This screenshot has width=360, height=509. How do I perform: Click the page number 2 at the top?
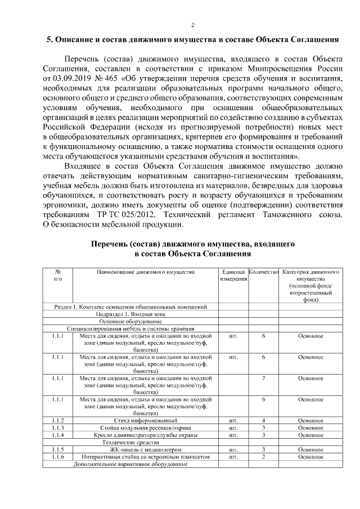point(192,25)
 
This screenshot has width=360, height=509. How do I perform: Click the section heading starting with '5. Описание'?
point(192,40)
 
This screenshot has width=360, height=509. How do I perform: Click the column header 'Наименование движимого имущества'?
point(146,272)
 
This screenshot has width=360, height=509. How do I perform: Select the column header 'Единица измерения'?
point(233,275)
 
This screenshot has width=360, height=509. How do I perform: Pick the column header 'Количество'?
point(263,272)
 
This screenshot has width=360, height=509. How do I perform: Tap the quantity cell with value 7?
point(263,379)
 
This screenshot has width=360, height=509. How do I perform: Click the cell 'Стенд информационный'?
point(146,420)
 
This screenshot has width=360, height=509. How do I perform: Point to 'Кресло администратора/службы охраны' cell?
point(146,435)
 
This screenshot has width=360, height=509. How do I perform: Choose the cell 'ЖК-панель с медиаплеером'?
point(146,449)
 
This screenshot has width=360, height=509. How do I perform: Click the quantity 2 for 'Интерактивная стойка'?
point(263,457)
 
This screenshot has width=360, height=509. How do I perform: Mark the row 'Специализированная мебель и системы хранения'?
point(130,328)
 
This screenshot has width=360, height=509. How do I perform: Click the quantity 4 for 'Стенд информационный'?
point(263,420)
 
